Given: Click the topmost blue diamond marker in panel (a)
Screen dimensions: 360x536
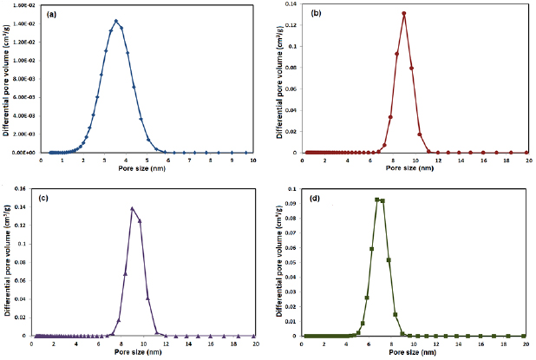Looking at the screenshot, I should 116,22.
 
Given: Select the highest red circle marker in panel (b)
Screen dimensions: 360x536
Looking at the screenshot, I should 404,14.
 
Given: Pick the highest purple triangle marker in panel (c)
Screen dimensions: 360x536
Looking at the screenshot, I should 132,208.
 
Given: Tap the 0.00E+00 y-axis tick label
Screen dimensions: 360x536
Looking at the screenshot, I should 25,152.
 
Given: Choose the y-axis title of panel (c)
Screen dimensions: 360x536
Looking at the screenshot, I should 8,260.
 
